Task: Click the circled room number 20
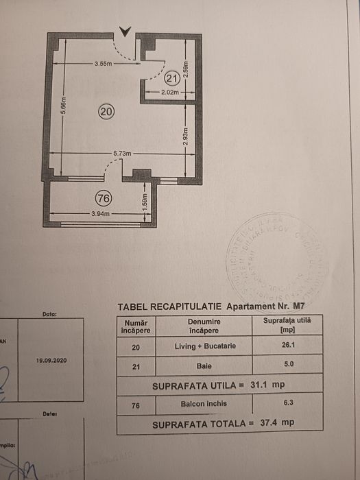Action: [106, 110]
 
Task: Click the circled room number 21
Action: [171, 80]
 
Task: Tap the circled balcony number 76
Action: [104, 199]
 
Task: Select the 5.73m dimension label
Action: [123, 154]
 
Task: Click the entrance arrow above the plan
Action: [125, 31]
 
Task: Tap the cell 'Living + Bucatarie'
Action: [205, 346]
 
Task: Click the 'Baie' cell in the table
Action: [205, 365]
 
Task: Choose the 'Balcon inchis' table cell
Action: [205, 404]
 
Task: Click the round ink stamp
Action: [273, 258]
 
